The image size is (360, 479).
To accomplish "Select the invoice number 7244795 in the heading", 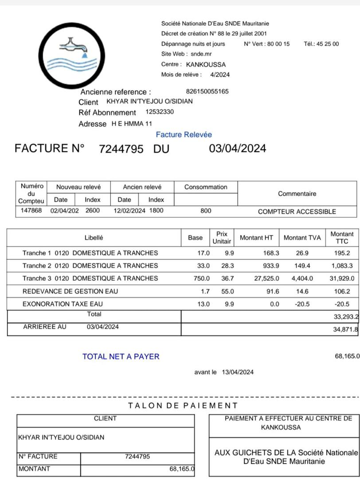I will (x=121, y=149).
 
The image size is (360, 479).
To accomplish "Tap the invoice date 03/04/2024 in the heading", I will (x=238, y=149).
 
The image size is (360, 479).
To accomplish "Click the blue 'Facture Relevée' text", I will (x=184, y=134).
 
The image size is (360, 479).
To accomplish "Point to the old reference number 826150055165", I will (x=207, y=91).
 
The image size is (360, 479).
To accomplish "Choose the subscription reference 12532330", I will (x=160, y=112).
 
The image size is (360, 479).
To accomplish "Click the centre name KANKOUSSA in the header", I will (x=206, y=64).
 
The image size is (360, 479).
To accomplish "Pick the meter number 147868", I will (x=31, y=211).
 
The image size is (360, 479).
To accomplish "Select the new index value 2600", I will (x=93, y=211).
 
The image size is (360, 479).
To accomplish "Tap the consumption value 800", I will (x=206, y=211).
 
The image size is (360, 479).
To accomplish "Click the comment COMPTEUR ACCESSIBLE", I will (x=297, y=212).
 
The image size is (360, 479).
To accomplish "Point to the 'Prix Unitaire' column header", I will (x=222, y=237).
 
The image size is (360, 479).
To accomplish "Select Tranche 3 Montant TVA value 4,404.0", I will (x=302, y=279).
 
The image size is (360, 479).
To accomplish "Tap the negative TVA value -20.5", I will (x=303, y=304).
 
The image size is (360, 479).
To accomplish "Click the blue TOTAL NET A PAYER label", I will (x=121, y=356).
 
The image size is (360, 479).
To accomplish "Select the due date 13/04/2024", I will (x=238, y=372).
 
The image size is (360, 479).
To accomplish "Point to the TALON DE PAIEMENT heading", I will (x=183, y=405).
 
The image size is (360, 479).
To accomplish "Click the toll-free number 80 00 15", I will (x=278, y=44).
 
